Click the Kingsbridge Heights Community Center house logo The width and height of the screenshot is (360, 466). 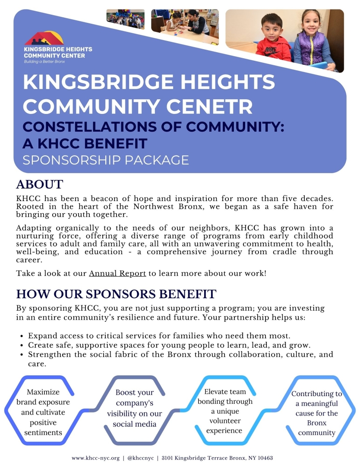pyautogui.click(x=44, y=38)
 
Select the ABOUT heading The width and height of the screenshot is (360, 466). pyautogui.click(x=40, y=184)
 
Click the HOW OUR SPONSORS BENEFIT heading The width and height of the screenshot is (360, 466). pyautogui.click(x=116, y=294)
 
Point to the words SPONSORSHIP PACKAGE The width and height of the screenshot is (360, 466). pyautogui.click(x=106, y=160)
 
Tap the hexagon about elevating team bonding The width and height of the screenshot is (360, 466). pyautogui.click(x=225, y=411)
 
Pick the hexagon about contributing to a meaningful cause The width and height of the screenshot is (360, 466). pyautogui.click(x=316, y=413)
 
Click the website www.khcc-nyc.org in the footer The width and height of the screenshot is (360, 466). pyautogui.click(x=95, y=458)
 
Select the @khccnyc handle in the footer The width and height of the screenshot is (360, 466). pyautogui.click(x=138, y=458)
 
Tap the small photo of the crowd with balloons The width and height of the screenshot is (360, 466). pyautogui.click(x=125, y=19)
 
